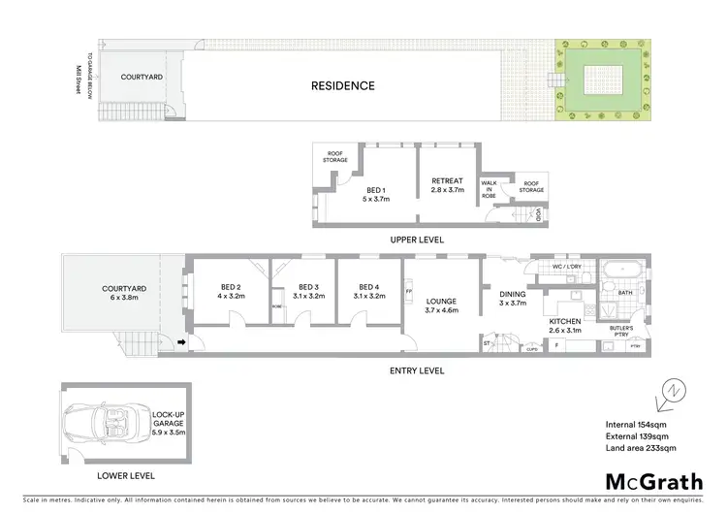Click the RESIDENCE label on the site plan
point(342,85)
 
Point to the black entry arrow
point(182,342)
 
